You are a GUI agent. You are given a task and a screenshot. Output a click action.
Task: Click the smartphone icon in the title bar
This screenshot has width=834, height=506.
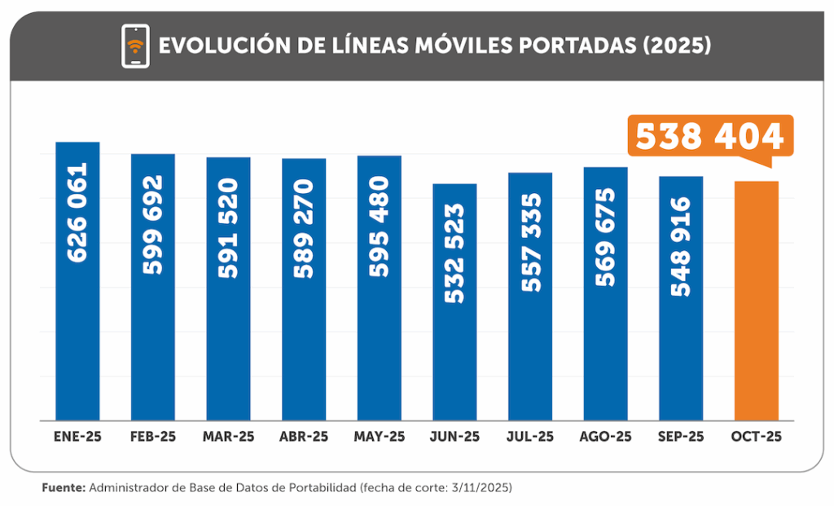(135, 46)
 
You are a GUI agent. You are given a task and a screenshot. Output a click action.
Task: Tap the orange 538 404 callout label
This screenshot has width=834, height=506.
(709, 136)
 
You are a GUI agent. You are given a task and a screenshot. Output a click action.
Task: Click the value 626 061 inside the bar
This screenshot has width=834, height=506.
(77, 213)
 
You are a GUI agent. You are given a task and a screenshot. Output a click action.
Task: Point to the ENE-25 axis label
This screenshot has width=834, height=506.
(77, 437)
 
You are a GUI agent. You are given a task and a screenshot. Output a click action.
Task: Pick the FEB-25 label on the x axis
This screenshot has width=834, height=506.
(153, 437)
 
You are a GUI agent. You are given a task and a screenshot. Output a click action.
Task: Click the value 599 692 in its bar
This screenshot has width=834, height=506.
(153, 225)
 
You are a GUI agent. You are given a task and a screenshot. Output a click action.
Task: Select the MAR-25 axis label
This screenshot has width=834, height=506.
(229, 437)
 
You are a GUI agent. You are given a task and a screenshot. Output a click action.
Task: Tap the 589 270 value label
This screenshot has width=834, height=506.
(304, 229)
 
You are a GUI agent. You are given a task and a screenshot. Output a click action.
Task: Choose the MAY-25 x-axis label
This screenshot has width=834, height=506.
(380, 437)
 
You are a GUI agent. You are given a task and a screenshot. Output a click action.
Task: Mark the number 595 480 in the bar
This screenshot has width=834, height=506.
(380, 227)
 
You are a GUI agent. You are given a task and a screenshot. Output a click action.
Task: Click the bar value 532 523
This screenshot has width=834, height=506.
(454, 253)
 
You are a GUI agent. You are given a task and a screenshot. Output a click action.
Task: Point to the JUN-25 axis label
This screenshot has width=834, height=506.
(454, 437)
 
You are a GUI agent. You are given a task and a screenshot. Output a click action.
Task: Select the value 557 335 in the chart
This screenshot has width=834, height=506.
(530, 243)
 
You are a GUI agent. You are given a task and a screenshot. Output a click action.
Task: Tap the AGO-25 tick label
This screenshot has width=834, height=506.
(605, 437)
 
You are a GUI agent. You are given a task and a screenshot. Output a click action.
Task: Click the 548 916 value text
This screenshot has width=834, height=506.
(681, 246)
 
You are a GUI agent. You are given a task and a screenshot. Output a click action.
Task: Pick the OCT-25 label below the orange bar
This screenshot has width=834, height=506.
(757, 437)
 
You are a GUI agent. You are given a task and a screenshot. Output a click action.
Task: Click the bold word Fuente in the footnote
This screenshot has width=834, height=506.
(63, 488)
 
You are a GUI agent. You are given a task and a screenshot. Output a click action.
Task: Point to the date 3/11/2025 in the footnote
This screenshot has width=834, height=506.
(481, 488)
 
